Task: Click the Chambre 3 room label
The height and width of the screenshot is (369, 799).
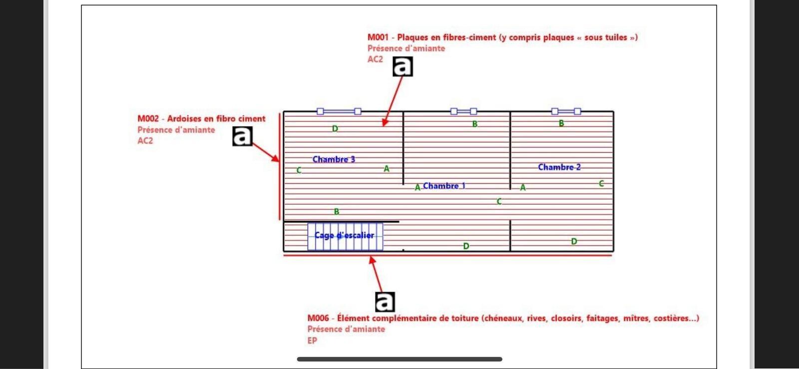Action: coord(334,159)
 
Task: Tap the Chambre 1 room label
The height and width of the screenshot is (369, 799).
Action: coord(444,186)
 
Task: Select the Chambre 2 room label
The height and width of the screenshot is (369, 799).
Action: coord(559,167)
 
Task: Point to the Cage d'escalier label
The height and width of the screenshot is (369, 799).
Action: coord(344,235)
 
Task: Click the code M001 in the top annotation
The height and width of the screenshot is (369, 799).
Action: coord(378,37)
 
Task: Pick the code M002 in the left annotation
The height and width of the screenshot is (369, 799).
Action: coord(148,119)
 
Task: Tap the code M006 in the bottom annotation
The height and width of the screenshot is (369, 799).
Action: coord(318,318)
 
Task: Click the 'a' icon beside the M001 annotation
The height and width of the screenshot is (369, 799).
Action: coord(402,66)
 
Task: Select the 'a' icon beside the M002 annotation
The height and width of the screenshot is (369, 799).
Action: coord(243,136)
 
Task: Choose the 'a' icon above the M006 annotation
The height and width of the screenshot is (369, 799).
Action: coord(385,302)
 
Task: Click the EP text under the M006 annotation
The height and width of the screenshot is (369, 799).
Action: coord(312,341)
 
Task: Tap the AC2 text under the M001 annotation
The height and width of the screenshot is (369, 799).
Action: coord(375,59)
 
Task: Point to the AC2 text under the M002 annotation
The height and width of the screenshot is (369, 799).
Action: coord(145,141)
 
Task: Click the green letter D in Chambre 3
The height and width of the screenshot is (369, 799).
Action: coord(335,129)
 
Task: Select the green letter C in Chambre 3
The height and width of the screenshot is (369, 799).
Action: coord(299,170)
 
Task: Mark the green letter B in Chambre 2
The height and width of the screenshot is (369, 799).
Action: coord(561,123)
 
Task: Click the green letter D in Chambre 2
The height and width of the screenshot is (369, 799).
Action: coord(574,241)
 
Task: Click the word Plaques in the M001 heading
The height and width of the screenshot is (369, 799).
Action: coord(414,37)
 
